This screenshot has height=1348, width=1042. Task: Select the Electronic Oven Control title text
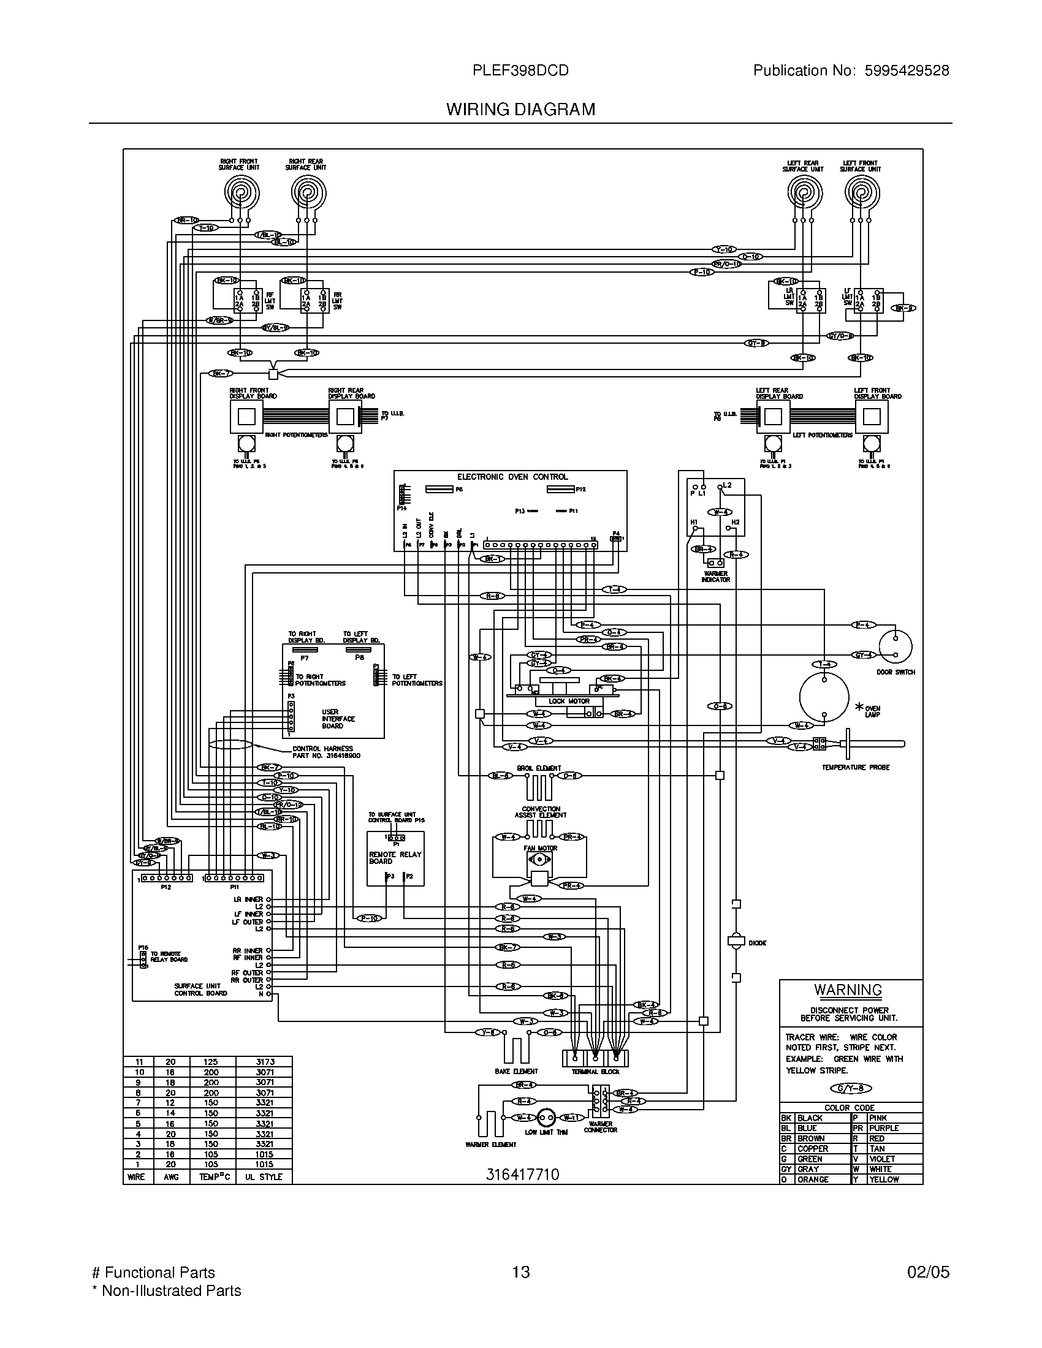pos(512,477)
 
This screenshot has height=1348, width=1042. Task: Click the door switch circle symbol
pos(895,646)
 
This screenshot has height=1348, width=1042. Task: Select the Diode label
pos(758,942)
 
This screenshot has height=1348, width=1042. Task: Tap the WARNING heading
pos(848,990)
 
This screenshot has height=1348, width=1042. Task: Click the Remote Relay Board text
pos(395,857)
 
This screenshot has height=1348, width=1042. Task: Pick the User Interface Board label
pos(338,719)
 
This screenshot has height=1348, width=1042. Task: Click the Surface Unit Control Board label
pos(200,990)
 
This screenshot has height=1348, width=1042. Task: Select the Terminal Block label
pos(595,1072)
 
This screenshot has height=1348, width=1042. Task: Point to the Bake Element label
pos(516,1072)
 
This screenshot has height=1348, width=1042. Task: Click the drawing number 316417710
pos(522,1174)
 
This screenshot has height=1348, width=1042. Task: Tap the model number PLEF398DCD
pos(520,71)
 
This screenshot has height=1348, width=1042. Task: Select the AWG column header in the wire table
pos(170,1177)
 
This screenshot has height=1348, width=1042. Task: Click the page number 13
pos(520,1272)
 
